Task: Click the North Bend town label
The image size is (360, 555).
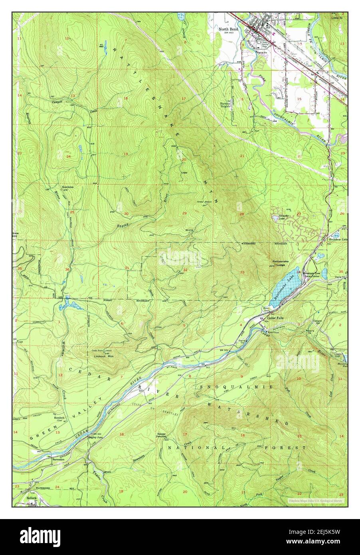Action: point(228,29)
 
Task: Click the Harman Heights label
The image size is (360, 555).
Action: point(226,104)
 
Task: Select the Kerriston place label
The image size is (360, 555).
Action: point(68,187)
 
